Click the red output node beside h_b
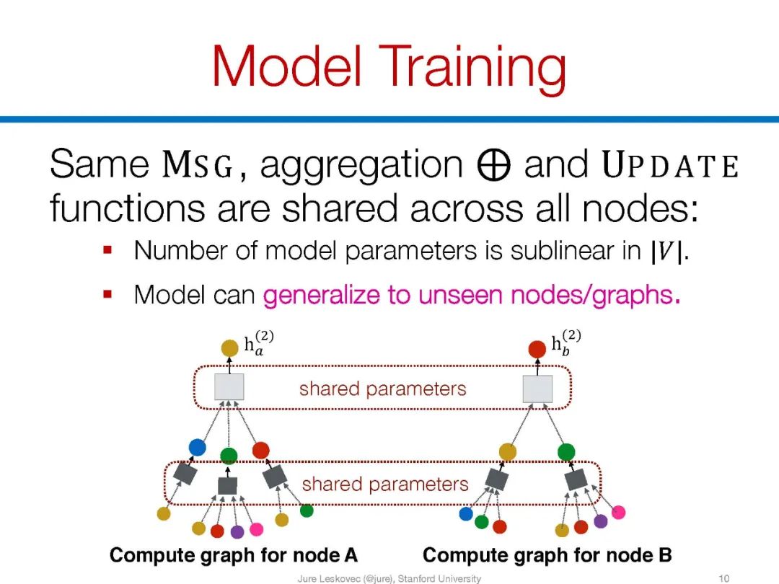coord(537,349)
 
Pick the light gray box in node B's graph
coord(537,389)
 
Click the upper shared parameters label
coord(382,389)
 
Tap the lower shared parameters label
coord(385,484)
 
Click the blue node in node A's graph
coord(197,447)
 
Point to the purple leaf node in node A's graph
coord(237,531)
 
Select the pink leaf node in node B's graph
coord(618,513)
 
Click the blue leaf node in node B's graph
coord(466,514)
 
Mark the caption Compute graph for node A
coord(233,555)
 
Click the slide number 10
coord(725,578)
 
